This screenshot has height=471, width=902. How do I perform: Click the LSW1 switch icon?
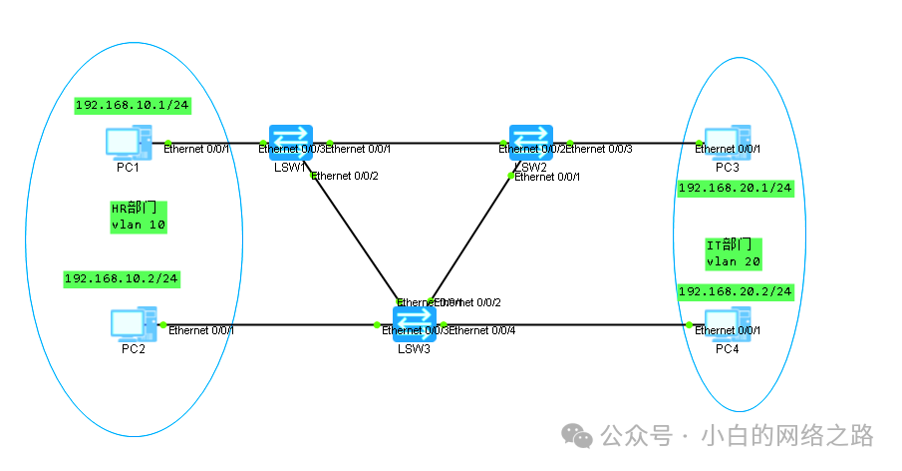pyautogui.click(x=291, y=141)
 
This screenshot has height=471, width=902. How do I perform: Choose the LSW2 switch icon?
pyautogui.click(x=531, y=141)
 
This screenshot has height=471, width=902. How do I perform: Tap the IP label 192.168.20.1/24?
pyautogui.click(x=735, y=188)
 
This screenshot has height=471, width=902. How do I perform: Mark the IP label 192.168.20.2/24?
pyautogui.click(x=735, y=291)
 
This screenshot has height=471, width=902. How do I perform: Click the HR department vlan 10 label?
pyautogui.click(x=138, y=217)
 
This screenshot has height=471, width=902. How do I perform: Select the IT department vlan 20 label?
pyautogui.click(x=734, y=252)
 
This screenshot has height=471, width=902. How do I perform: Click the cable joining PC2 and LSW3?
pyautogui.click(x=299, y=325)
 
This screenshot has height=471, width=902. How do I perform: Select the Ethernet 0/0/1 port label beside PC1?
pyautogui.click(x=197, y=150)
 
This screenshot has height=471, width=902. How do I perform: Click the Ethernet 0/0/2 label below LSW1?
pyautogui.click(x=347, y=177)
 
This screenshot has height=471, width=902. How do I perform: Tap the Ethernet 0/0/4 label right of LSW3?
pyautogui.click(x=484, y=330)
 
